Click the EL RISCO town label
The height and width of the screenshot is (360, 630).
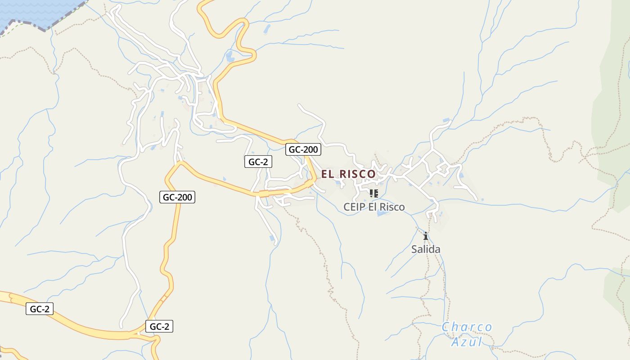[x=348, y=174]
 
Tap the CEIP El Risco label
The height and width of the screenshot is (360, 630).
[x=374, y=207]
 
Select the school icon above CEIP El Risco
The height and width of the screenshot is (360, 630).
[x=373, y=193]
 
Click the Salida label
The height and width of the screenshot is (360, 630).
[x=426, y=249]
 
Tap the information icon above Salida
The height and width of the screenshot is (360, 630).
[x=426, y=236]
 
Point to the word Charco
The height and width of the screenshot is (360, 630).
[x=467, y=327]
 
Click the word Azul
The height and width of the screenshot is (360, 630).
[x=467, y=342]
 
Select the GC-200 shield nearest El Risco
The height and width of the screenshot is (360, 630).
[x=303, y=150]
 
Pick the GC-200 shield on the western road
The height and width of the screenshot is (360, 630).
[x=177, y=197]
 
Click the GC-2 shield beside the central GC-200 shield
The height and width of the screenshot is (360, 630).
[x=258, y=162]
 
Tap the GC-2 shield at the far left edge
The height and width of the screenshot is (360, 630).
[x=40, y=309]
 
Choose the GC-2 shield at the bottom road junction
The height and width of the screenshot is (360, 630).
[x=159, y=327]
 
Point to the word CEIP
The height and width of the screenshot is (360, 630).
[x=354, y=207]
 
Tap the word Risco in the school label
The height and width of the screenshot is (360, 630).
[x=392, y=207]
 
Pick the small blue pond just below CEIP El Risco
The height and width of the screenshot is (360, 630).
[x=382, y=213]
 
